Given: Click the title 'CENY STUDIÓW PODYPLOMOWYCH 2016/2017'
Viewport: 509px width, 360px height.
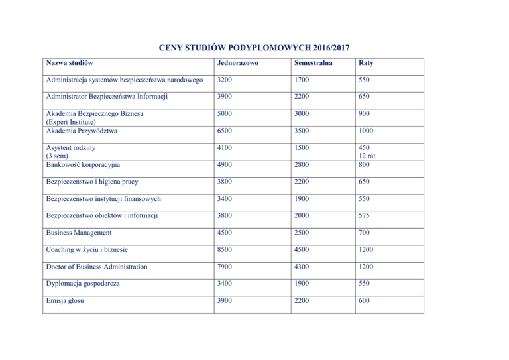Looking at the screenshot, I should pos(254,48).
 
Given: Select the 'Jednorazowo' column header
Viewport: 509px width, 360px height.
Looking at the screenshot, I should pos(234,64).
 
